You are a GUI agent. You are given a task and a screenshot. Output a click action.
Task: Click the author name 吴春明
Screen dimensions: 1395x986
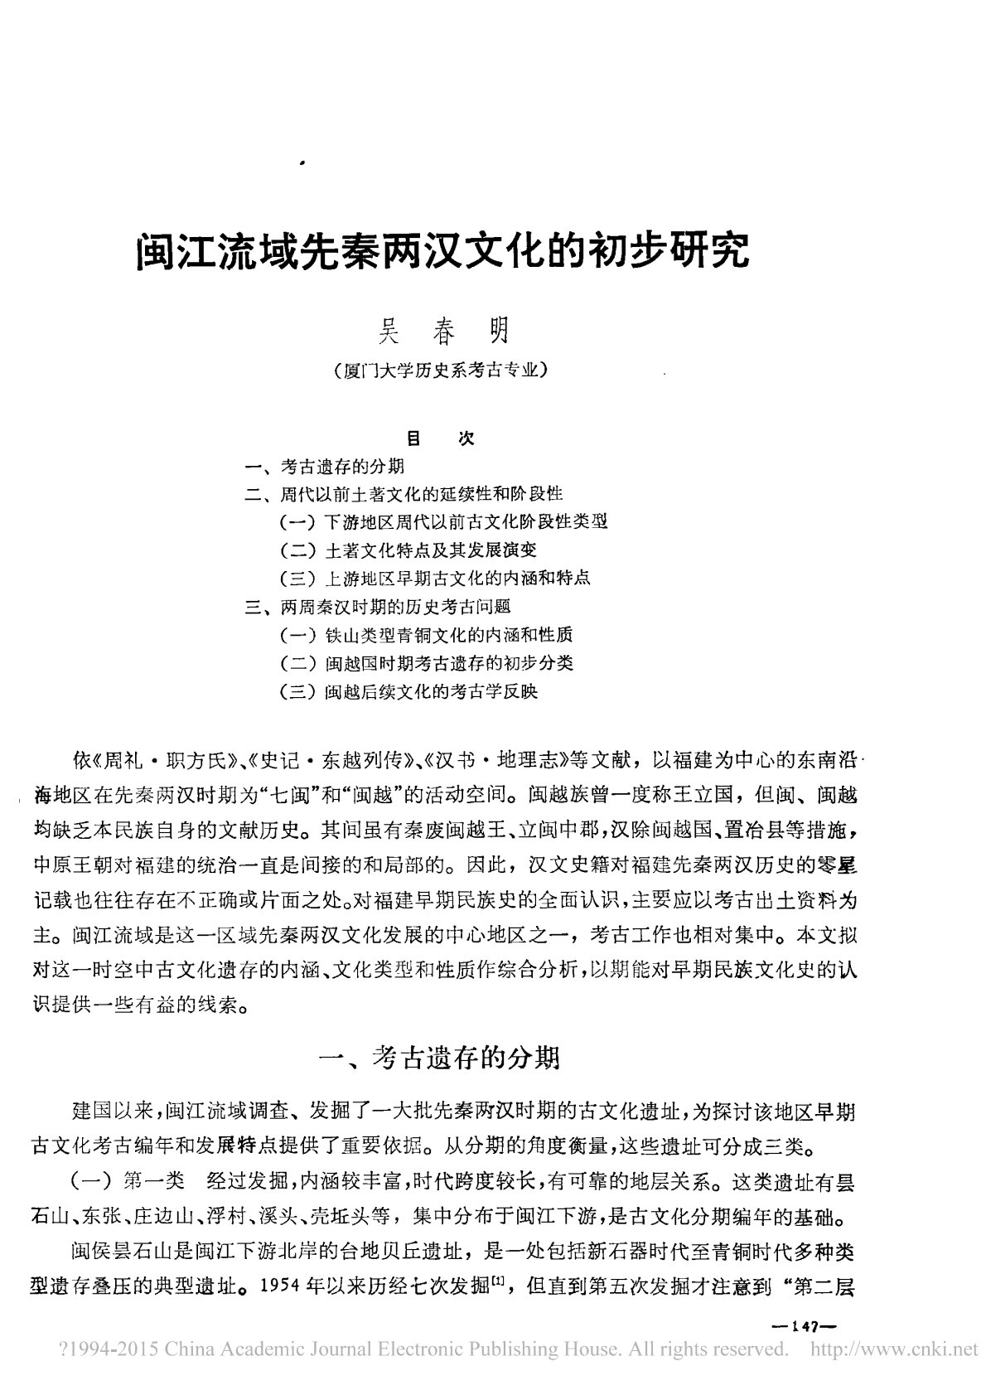click(442, 332)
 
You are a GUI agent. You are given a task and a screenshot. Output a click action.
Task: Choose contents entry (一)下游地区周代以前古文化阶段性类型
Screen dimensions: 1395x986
click(444, 522)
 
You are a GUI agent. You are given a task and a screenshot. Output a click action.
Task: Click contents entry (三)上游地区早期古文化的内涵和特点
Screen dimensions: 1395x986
click(435, 579)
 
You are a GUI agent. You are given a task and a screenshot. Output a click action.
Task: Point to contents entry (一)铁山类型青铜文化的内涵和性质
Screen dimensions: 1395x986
click(426, 635)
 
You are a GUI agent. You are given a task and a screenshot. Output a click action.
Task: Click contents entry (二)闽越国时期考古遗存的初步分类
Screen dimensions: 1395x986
click(426, 663)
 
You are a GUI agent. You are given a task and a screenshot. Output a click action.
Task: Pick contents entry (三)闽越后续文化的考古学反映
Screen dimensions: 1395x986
click(409, 691)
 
